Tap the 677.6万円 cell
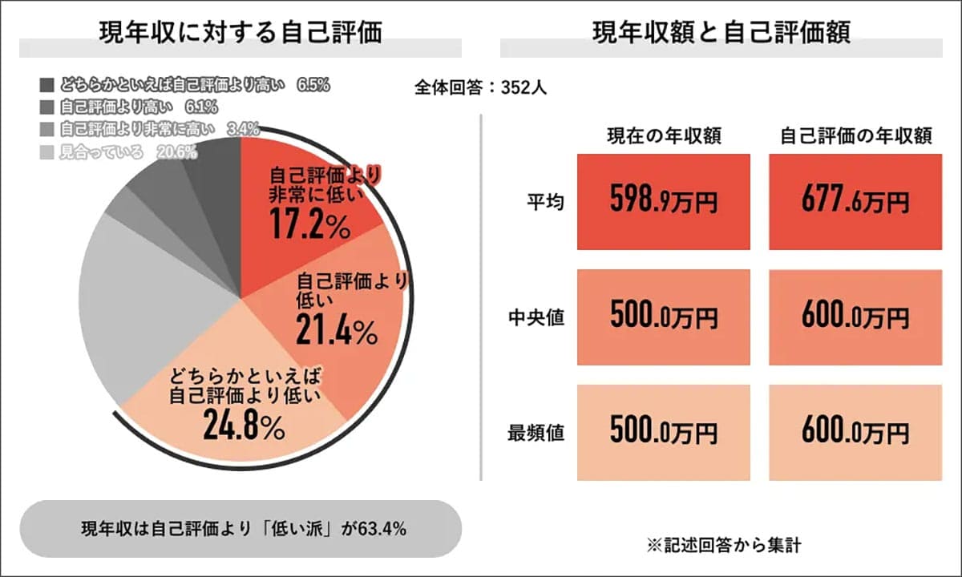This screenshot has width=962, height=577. pyautogui.click(x=855, y=202)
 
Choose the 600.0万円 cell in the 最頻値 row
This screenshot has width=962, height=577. pyautogui.click(x=855, y=433)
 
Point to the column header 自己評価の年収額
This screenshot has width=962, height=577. pyautogui.click(x=855, y=135)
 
